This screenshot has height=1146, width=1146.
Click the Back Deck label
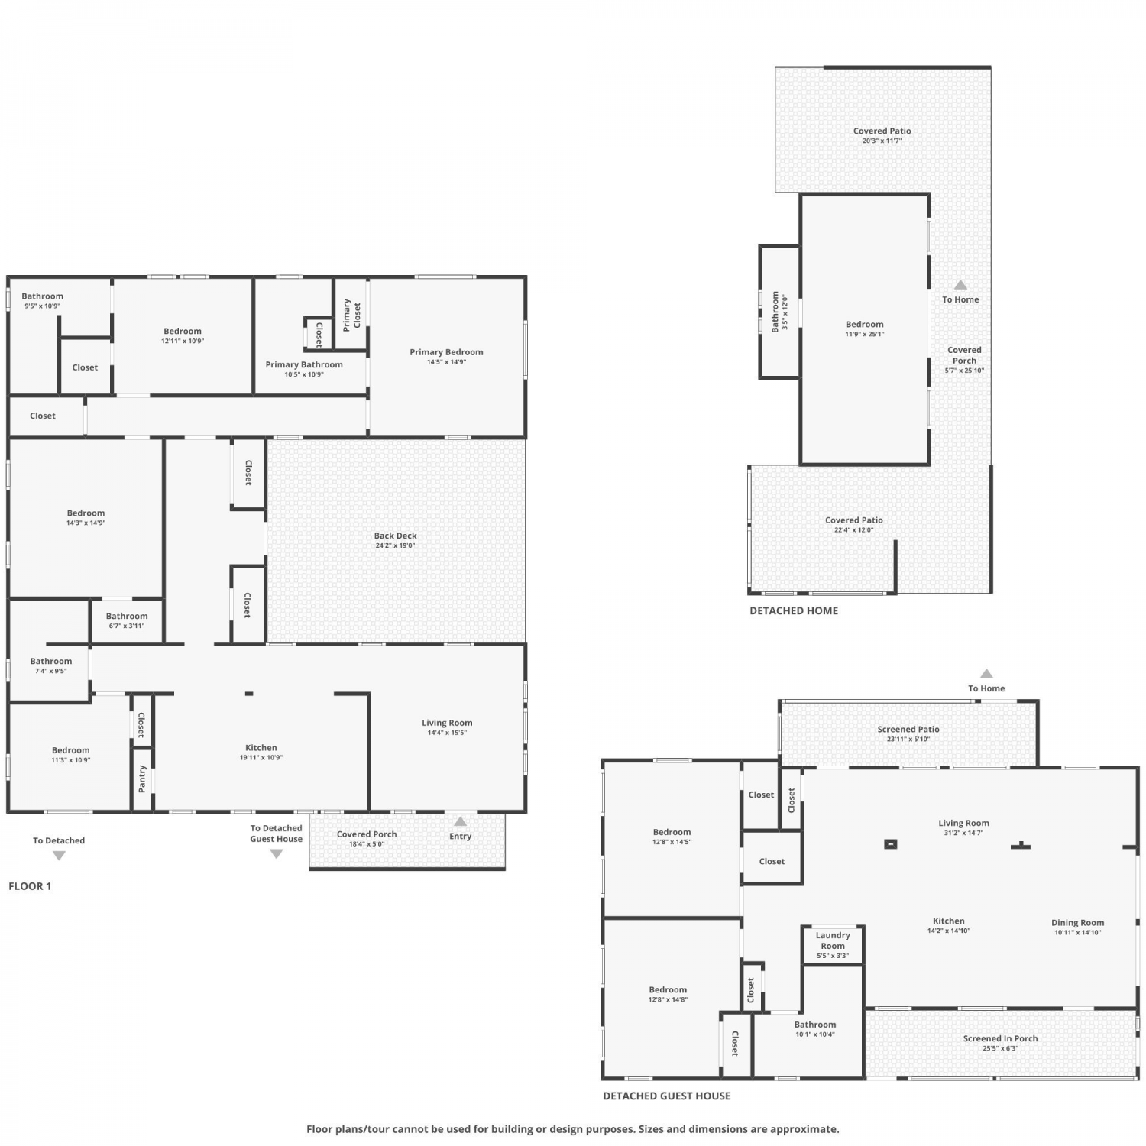click(x=396, y=536)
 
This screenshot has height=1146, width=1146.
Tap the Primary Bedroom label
click(x=446, y=352)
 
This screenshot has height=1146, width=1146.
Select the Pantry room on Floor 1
click(x=142, y=779)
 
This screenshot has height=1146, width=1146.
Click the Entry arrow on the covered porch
click(x=460, y=822)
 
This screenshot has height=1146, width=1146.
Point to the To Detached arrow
click(x=59, y=856)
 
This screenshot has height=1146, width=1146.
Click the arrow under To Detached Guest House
click(x=277, y=854)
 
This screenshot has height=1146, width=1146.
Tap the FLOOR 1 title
click(x=30, y=886)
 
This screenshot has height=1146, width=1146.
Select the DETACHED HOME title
click(x=794, y=610)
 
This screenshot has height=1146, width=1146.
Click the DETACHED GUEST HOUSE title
click(x=667, y=1096)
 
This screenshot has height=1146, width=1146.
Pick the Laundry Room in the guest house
click(x=833, y=945)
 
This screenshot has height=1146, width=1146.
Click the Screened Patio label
click(x=908, y=729)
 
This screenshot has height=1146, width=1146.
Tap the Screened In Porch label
click(x=1000, y=1038)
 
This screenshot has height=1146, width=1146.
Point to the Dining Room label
click(x=1077, y=922)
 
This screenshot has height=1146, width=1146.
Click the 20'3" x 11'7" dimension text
click(x=882, y=141)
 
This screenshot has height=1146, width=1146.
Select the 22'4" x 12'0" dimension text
click(x=854, y=529)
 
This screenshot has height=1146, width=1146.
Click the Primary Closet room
click(x=351, y=315)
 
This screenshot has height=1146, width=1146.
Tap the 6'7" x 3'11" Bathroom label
click(x=127, y=616)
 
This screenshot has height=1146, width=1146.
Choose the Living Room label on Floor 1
click(x=447, y=723)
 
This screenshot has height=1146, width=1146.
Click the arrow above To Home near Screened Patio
click(x=986, y=674)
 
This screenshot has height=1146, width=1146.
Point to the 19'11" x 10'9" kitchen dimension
click(x=261, y=758)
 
